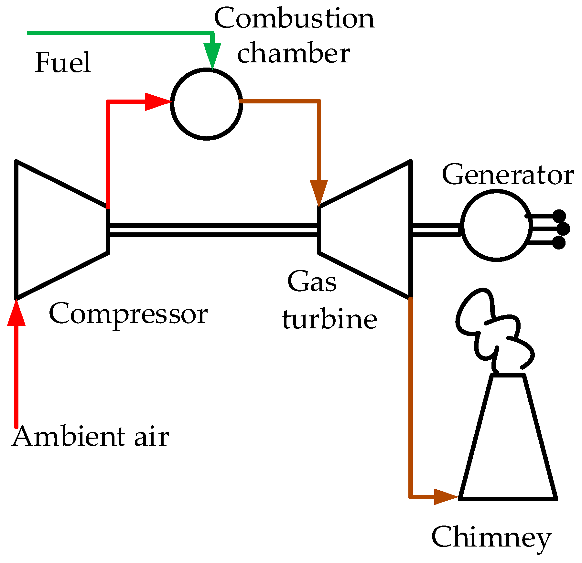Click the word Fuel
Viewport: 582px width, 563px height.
(63, 62)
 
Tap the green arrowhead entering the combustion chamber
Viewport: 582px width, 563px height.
(212, 55)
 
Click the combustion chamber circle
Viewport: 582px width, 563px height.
(207, 104)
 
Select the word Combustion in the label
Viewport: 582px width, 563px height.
(294, 18)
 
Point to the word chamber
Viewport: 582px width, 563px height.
(293, 53)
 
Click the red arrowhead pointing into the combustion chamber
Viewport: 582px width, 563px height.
(157, 102)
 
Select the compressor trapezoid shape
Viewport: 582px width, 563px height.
(61, 229)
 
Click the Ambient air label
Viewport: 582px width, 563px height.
(91, 436)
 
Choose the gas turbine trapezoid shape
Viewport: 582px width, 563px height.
(365, 229)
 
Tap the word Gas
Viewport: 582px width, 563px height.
(312, 281)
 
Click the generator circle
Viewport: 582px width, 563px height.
(496, 226)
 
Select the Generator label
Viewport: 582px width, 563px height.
(508, 175)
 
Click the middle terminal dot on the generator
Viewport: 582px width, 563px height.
(563, 229)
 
